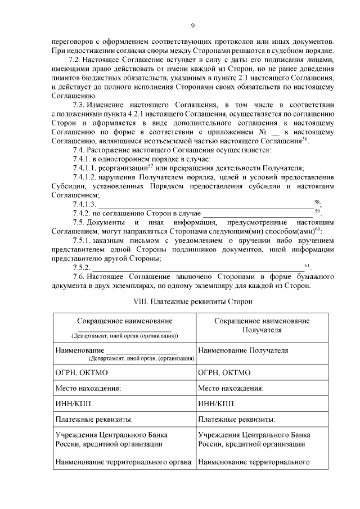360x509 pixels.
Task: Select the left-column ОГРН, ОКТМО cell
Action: (124, 372)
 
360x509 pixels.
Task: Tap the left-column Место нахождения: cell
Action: (124, 388)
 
